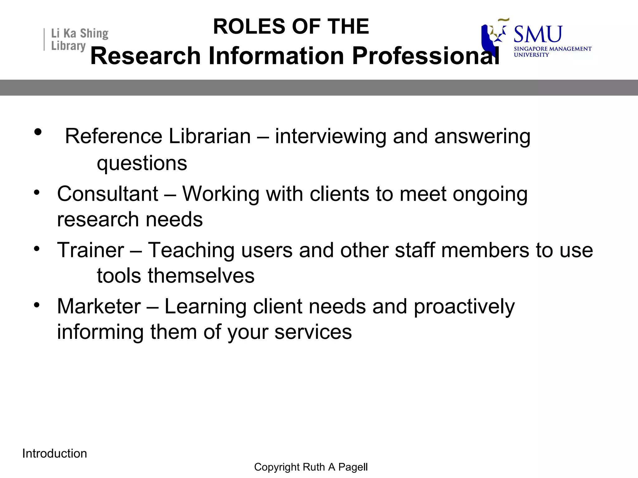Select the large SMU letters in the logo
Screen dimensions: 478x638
[x=538, y=34]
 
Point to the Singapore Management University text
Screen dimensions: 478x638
[x=552, y=52]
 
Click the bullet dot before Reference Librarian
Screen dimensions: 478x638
[x=38, y=132]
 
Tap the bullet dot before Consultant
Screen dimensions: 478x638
[x=37, y=192]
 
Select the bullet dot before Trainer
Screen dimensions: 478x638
[x=37, y=249]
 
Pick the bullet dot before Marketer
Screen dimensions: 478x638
[x=37, y=305]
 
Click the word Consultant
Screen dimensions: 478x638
[x=108, y=194]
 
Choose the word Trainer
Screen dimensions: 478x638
[x=91, y=250]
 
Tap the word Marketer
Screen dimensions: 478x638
[x=99, y=307]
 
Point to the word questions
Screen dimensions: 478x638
[x=142, y=164]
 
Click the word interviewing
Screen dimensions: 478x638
[x=331, y=137]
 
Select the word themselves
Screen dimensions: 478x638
[x=201, y=276]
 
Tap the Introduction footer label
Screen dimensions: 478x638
[x=55, y=453]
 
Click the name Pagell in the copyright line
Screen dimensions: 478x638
[x=353, y=467]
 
